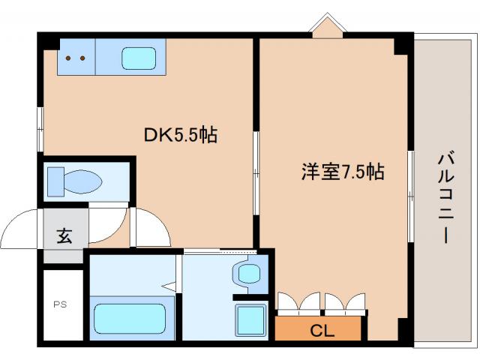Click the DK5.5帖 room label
point(181,135)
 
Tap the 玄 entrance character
point(64,235)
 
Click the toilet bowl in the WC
point(74,181)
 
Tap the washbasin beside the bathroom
point(248,274)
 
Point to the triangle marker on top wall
point(326,24)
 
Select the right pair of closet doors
point(345,301)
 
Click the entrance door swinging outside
point(22,229)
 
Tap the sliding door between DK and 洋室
point(256,173)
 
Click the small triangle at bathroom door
point(169,286)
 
